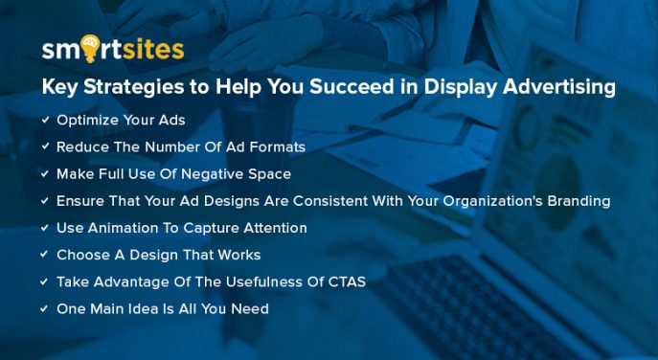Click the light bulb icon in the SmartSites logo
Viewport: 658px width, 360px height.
(89, 47)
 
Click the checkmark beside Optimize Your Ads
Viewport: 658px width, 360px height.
(45, 120)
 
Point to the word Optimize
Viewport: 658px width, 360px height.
(88, 121)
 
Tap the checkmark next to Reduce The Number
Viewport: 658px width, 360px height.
(45, 147)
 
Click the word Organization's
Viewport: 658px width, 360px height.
(475, 201)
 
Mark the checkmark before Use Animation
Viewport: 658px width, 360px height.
(45, 228)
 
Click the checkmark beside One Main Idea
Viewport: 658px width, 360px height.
(45, 308)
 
